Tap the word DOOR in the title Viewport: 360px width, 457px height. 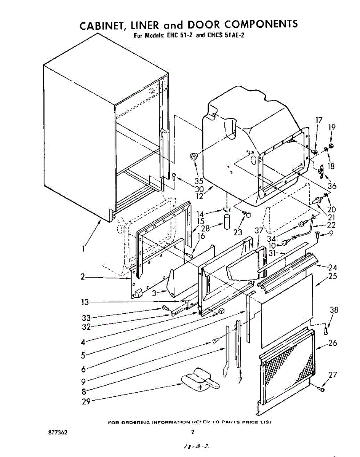click(203, 24)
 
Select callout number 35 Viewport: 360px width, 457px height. click(199, 181)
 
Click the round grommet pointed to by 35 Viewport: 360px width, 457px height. click(194, 156)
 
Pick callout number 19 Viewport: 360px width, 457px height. click(332, 127)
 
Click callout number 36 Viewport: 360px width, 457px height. click(332, 186)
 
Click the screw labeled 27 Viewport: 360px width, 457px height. click(321, 389)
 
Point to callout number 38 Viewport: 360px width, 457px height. click(334, 310)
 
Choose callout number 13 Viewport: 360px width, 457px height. click(85, 302)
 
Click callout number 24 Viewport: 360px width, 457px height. click(332, 267)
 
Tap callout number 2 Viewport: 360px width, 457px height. click(83, 277)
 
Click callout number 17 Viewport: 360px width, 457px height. click(319, 120)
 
